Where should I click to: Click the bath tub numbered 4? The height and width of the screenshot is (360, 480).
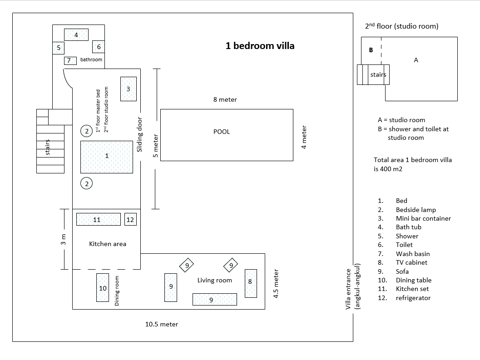click(76, 35)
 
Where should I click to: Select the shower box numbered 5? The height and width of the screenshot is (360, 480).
click(59, 47)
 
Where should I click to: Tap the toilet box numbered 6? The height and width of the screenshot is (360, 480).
click(99, 47)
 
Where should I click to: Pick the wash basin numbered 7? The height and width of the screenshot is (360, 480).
click(69, 60)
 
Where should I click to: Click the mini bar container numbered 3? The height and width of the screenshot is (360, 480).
click(128, 89)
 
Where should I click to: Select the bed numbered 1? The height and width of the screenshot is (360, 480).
click(107, 157)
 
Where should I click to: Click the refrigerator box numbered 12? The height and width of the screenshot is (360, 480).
click(130, 220)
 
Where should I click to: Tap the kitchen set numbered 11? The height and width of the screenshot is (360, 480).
click(98, 220)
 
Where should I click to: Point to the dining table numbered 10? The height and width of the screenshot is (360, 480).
click(103, 288)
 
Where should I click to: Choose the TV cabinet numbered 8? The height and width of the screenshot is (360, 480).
click(250, 283)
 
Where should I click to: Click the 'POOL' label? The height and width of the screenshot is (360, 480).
click(222, 132)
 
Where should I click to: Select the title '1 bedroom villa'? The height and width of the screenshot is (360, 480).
click(260, 46)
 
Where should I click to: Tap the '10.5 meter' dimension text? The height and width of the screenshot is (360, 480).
click(162, 324)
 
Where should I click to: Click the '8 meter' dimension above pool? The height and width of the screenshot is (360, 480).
click(225, 99)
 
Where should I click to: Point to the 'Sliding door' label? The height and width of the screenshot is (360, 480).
click(140, 135)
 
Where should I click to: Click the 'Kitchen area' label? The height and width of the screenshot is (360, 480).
click(108, 244)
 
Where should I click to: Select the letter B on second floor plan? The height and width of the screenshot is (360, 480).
click(371, 50)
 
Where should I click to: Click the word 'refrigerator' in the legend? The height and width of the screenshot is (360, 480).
click(413, 298)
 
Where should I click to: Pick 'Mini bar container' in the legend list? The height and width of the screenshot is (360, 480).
click(423, 218)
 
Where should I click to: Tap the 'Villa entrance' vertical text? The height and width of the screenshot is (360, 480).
click(349, 289)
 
